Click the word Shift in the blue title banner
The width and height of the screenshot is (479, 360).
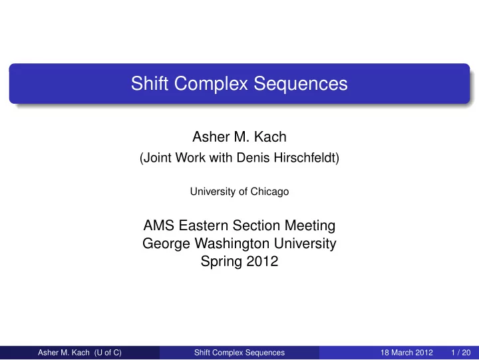[x=150, y=83]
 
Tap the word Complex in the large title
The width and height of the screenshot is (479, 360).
[x=211, y=84]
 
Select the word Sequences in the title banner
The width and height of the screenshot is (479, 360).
[x=301, y=84]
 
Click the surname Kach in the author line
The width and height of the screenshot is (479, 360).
[x=270, y=136]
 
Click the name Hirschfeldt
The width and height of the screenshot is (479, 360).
[x=307, y=158]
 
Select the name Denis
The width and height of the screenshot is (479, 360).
[x=253, y=158]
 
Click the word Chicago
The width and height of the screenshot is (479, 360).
[x=269, y=192]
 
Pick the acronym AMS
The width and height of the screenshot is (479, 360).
[x=159, y=226]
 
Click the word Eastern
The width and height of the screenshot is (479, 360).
[x=203, y=226]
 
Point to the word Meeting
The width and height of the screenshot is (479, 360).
[x=310, y=226]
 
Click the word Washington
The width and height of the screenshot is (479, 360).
[x=232, y=244]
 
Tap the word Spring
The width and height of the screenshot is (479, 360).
[x=222, y=262]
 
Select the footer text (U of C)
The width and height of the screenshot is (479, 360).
[x=108, y=353]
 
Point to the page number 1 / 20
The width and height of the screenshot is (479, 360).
[x=461, y=353]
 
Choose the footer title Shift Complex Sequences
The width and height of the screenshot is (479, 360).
[x=239, y=353]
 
